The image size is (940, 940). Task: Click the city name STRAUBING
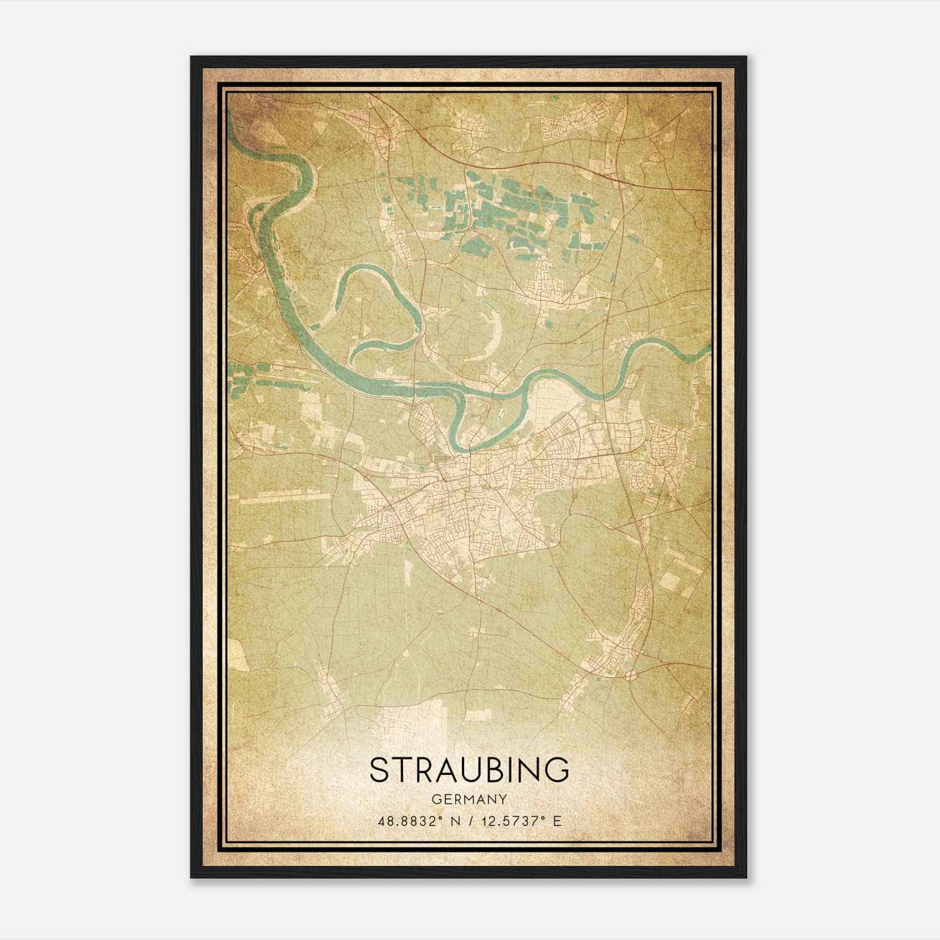pyautogui.click(x=469, y=770)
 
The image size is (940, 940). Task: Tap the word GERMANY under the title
pyautogui.click(x=469, y=800)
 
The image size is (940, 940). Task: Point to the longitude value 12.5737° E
pyautogui.click(x=520, y=821)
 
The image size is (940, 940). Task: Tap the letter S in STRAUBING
pyautogui.click(x=379, y=770)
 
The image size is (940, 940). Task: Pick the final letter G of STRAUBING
pyautogui.click(x=558, y=770)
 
